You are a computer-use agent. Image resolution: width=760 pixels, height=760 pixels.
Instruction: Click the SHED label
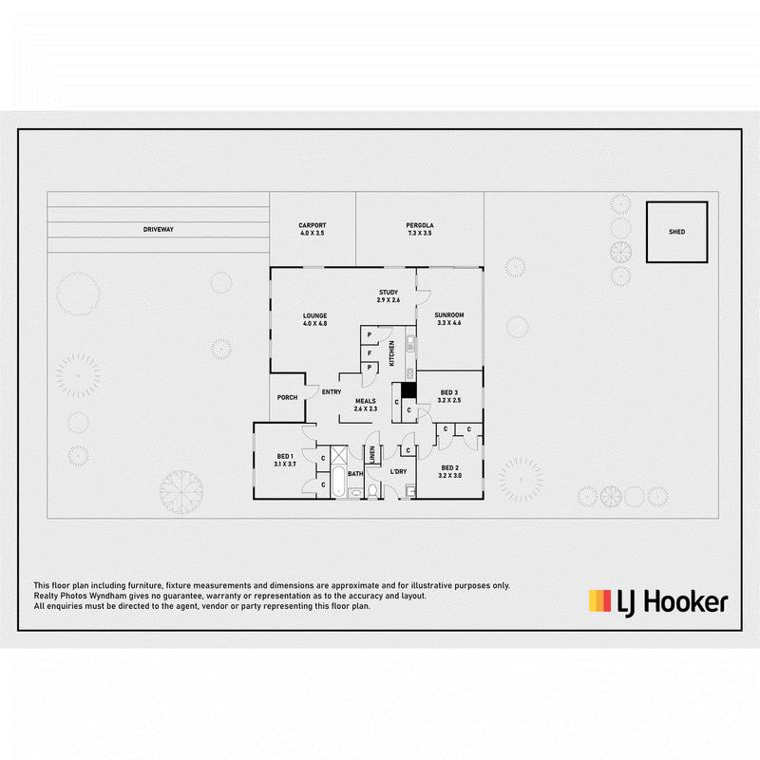676,232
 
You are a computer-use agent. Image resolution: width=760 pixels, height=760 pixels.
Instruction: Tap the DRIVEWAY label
159,229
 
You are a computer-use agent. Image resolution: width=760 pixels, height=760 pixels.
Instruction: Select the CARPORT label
313,225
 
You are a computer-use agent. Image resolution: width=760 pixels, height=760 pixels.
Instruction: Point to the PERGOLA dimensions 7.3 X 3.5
420,233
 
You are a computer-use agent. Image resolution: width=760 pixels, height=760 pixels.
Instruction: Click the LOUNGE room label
315,316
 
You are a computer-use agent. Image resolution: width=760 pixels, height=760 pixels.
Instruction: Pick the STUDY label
389,293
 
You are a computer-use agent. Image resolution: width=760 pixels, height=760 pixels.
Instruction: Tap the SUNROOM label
449,315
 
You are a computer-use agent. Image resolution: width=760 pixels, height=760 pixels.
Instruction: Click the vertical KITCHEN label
391,352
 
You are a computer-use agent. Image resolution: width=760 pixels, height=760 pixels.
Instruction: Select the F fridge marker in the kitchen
370,353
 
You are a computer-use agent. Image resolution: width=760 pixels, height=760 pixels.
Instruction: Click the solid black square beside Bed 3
408,390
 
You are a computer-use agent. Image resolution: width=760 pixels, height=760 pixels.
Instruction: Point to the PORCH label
288,397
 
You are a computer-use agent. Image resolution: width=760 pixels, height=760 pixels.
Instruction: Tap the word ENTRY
332,391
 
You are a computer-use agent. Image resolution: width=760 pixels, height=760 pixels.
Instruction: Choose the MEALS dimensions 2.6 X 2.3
366,408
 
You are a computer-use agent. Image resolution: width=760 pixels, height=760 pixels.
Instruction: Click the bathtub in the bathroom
339,482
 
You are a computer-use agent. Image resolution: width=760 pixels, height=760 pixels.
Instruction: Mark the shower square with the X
340,455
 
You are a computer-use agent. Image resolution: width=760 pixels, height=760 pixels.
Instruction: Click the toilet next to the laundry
372,490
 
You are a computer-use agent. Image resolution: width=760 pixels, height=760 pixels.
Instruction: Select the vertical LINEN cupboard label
372,454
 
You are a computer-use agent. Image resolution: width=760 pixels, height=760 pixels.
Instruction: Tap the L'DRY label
398,471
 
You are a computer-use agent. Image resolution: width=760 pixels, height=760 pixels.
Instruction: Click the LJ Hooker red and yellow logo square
600,600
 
